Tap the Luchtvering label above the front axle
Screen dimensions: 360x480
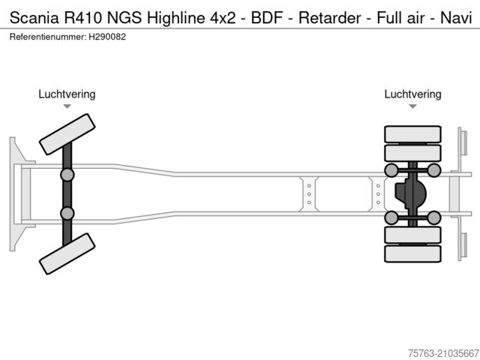tap(67, 94)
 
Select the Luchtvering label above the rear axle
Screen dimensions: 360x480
tap(412, 94)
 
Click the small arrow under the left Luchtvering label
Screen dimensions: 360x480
tap(67, 106)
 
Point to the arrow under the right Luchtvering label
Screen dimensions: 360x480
tap(412, 106)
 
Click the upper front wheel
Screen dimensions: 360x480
tap(66, 133)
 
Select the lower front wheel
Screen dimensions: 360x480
tap(66, 253)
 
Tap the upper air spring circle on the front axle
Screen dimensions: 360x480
tap(67, 175)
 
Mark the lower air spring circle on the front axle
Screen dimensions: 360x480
tap(67, 214)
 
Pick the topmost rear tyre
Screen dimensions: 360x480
tap(412, 135)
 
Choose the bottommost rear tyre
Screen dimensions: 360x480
tap(412, 254)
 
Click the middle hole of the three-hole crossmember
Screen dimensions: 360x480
tap(308, 194)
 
